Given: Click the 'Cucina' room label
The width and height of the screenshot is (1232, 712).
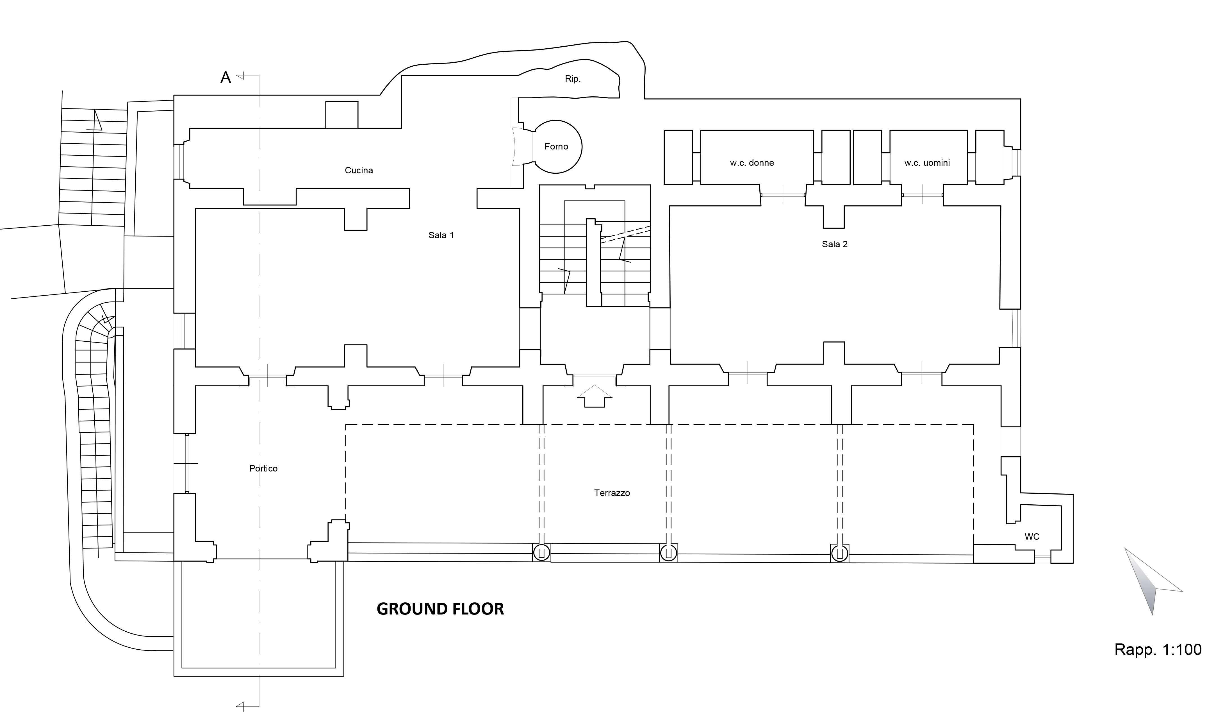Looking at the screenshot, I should click(359, 170).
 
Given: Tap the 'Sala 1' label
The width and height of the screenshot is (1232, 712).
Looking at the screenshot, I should click(441, 235).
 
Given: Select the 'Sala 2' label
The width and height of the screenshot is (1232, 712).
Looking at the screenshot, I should click(834, 244).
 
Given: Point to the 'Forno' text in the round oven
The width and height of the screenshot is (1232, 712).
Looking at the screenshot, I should click(556, 146).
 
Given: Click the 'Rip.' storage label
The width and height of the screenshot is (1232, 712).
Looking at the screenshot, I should click(572, 79).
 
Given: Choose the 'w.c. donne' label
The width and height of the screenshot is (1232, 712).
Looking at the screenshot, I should click(752, 163).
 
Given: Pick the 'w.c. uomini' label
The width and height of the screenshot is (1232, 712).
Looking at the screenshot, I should click(926, 163).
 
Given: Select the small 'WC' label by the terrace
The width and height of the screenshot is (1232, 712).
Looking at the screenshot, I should click(1032, 536).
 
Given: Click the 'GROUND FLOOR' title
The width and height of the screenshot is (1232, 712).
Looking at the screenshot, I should click(440, 609).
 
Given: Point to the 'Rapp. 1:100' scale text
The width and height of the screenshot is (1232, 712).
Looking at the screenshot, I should click(1157, 649).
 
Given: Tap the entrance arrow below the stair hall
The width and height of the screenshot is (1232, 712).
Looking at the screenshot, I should click(594, 396).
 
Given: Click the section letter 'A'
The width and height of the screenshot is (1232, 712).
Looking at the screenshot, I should click(225, 77).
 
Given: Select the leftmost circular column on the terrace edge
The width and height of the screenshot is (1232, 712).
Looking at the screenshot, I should click(541, 553).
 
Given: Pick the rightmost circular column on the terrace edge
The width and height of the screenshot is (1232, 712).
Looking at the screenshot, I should click(839, 553).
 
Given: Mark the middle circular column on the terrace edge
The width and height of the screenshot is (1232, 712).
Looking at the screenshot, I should click(668, 553).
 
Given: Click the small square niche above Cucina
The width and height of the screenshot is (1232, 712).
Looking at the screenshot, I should click(341, 115).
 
